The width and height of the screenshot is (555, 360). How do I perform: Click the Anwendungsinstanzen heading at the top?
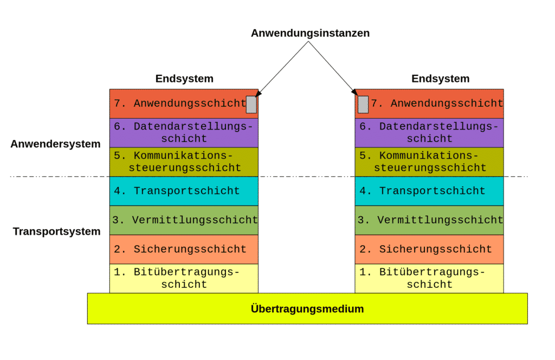click(310, 33)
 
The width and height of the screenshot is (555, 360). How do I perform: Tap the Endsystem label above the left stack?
click(184, 79)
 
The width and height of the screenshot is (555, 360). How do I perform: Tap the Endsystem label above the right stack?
click(440, 79)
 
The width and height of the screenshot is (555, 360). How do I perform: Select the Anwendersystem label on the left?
click(56, 144)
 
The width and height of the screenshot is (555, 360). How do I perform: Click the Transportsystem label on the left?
click(56, 232)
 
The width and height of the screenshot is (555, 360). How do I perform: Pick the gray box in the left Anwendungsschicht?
click(251, 105)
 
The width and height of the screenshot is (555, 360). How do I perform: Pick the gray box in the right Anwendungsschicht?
click(363, 105)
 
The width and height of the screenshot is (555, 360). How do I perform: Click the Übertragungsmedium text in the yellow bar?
click(307, 308)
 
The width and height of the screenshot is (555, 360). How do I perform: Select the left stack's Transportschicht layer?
click(184, 191)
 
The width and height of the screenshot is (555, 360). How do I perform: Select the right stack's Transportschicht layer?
click(429, 191)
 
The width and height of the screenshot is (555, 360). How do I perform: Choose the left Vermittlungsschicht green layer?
click(184, 220)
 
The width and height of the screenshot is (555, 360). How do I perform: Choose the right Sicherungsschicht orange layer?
click(429, 249)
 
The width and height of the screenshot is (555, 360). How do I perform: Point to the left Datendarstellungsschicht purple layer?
click(184, 133)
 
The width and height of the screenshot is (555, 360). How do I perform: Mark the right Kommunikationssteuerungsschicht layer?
click(429, 162)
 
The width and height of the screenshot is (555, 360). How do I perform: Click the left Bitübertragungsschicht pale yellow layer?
click(184, 278)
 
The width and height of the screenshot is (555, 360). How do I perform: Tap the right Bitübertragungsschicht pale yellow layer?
click(429, 278)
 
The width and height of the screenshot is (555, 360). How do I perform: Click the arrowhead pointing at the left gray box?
click(258, 93)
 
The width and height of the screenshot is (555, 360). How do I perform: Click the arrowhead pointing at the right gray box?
click(354, 92)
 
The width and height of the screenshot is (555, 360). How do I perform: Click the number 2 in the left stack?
click(118, 249)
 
